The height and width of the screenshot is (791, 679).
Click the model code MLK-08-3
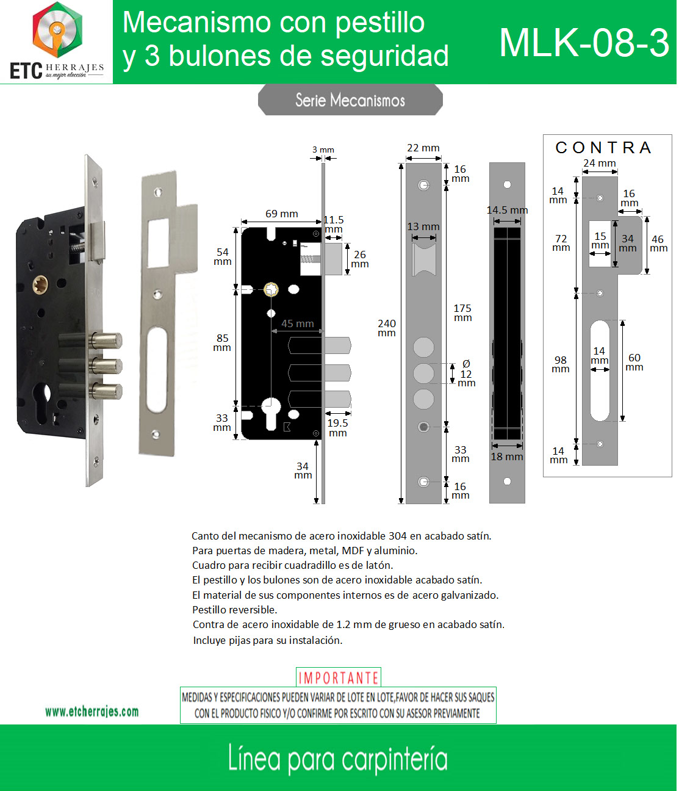click(584, 43)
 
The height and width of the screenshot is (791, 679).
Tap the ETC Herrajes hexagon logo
click(57, 30)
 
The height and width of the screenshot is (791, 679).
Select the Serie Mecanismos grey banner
click(350, 100)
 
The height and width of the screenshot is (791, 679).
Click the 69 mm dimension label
click(282, 214)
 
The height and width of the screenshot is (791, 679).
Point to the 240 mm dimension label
click(387, 328)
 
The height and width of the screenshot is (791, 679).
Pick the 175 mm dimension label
click(462, 312)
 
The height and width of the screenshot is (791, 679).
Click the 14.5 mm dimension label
click(507, 210)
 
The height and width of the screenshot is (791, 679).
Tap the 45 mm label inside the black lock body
click(298, 323)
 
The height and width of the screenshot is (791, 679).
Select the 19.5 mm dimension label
click(338, 428)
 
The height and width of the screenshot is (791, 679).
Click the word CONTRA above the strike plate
click(603, 147)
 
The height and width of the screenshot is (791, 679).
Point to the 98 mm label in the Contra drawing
click(561, 364)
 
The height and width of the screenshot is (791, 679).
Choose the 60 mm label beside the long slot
click(634, 362)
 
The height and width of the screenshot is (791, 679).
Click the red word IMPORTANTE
click(339, 677)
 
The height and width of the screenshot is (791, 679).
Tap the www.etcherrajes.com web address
click(92, 712)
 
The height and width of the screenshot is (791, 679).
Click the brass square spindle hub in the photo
click(40, 285)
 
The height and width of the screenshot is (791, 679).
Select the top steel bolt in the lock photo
click(106, 341)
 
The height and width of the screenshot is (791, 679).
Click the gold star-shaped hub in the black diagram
click(271, 289)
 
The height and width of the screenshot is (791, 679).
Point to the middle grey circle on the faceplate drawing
click(423, 373)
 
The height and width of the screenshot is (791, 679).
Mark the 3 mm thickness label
click(323, 150)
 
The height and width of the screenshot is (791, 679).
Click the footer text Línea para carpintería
click(338, 760)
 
